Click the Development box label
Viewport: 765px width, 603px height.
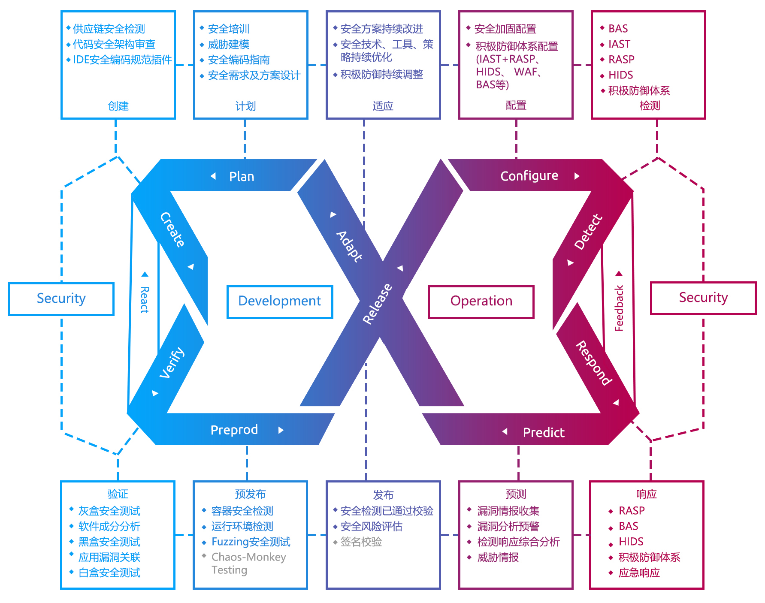279,301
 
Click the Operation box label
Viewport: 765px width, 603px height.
481,301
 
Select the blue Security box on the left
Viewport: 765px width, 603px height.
61,298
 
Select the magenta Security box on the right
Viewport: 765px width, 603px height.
703,298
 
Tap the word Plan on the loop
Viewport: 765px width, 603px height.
242,177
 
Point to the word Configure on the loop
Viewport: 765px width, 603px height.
529,176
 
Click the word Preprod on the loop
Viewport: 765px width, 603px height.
234,430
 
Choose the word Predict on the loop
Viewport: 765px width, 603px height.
543,432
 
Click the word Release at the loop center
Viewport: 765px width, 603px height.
377,304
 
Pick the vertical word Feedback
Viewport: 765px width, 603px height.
619,308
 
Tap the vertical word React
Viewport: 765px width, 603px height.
145,300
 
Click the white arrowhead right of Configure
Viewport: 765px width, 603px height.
577,176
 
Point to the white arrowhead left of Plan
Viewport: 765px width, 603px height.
213,176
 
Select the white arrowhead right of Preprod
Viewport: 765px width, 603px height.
281,430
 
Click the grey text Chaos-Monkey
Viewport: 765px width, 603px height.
248,557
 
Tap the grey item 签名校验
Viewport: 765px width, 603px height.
361,542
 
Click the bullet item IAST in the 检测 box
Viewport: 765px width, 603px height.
619,44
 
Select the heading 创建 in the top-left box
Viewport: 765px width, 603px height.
118,106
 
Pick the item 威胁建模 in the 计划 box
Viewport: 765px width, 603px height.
228,45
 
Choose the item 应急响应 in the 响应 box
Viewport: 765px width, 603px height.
639,573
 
